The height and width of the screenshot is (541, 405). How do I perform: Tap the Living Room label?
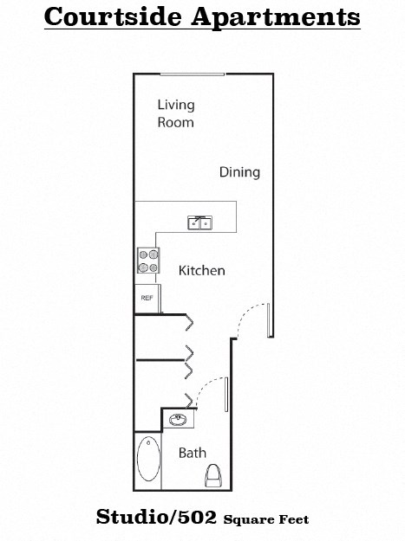click(x=175, y=113)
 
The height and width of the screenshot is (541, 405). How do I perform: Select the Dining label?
click(x=239, y=172)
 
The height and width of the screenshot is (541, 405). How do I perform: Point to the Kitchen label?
click(x=202, y=271)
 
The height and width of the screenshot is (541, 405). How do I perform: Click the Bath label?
click(x=193, y=453)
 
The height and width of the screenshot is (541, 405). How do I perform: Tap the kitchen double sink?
click(x=199, y=222)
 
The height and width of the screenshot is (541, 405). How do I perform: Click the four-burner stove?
click(x=148, y=261)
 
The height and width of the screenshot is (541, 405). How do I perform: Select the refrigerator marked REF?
click(x=147, y=299)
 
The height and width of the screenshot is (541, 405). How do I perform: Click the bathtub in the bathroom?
click(x=148, y=460)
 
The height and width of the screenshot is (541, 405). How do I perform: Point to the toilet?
click(x=212, y=474)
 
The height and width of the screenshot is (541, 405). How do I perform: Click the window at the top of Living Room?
click(x=192, y=74)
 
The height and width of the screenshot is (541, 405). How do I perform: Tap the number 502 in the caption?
click(x=199, y=518)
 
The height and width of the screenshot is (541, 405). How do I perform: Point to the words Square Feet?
click(x=266, y=520)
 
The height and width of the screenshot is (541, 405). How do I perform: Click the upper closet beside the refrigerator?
click(x=160, y=337)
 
